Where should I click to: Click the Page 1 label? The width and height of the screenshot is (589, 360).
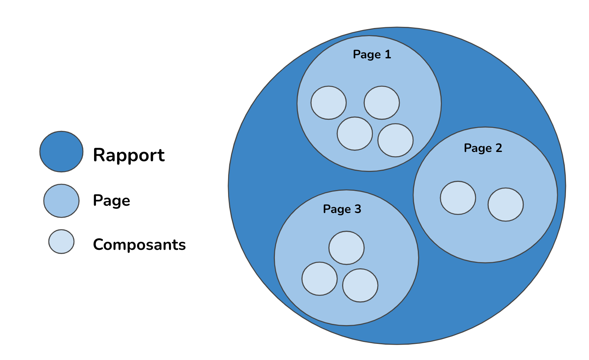[x=372, y=54]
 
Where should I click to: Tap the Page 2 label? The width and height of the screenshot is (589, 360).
[x=483, y=148]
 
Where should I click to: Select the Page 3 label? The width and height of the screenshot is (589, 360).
[x=342, y=209]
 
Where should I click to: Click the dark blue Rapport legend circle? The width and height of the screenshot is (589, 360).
[x=61, y=152]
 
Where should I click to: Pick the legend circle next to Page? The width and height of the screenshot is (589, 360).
[x=61, y=201]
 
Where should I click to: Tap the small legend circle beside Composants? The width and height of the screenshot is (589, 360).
[x=61, y=242]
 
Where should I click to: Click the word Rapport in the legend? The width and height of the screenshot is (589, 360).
[x=129, y=155]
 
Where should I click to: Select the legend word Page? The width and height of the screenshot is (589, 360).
[x=111, y=201]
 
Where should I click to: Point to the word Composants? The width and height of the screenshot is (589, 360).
[x=139, y=244]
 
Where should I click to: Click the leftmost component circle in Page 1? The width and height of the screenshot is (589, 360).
[x=329, y=103]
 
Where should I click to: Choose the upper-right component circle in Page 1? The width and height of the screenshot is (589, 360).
[x=382, y=103]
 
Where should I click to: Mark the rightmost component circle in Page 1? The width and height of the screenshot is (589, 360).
[x=395, y=140]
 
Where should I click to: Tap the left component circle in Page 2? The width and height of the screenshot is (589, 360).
[x=458, y=198]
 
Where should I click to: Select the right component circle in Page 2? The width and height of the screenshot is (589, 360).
[x=506, y=205]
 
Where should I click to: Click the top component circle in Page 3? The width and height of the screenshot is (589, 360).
[x=346, y=248]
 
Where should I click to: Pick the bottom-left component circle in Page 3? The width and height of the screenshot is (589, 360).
[x=319, y=279]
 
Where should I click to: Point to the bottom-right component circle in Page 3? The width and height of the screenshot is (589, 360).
[x=360, y=286]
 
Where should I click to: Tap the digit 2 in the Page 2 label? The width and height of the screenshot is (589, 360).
[x=498, y=148]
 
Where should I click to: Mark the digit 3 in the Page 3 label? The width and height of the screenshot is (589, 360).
[x=357, y=209]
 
